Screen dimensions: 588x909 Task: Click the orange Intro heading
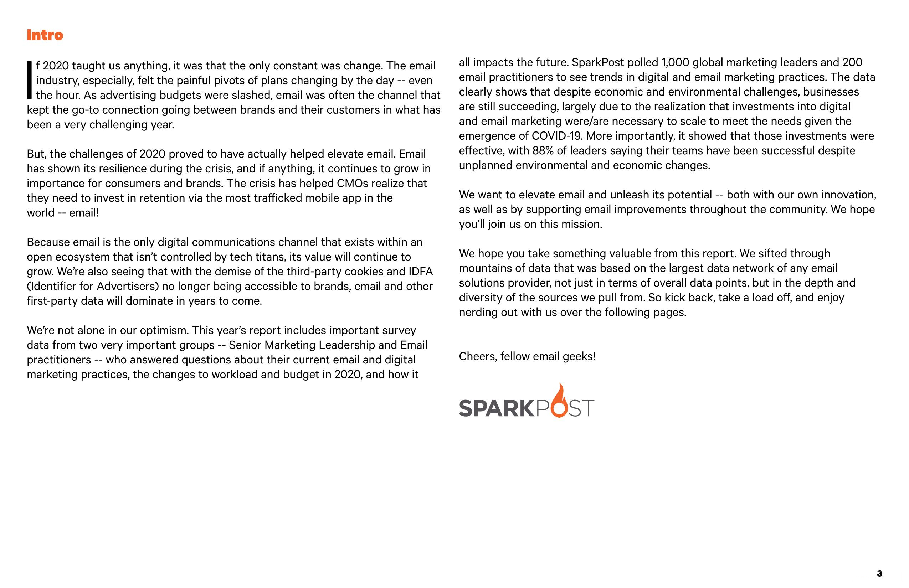(x=45, y=35)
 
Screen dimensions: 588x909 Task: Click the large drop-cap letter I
(x=29, y=80)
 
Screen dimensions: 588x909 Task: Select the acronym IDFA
(x=420, y=272)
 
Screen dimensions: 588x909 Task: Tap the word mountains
(x=485, y=268)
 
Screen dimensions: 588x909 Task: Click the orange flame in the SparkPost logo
(x=560, y=401)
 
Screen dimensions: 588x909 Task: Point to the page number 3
(x=879, y=573)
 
